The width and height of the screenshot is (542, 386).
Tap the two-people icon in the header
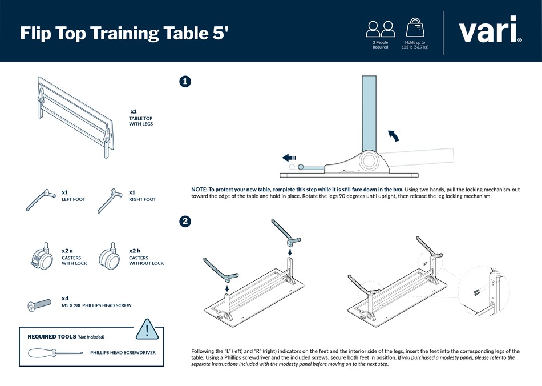pos(381,28)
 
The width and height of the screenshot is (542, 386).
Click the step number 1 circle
pos(185,82)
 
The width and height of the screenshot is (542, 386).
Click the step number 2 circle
pos(185,222)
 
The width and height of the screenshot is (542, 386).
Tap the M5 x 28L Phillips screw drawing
pos(41,305)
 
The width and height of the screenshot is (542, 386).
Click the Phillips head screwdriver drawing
pos(56,352)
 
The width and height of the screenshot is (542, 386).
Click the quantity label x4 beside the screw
pos(65,299)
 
